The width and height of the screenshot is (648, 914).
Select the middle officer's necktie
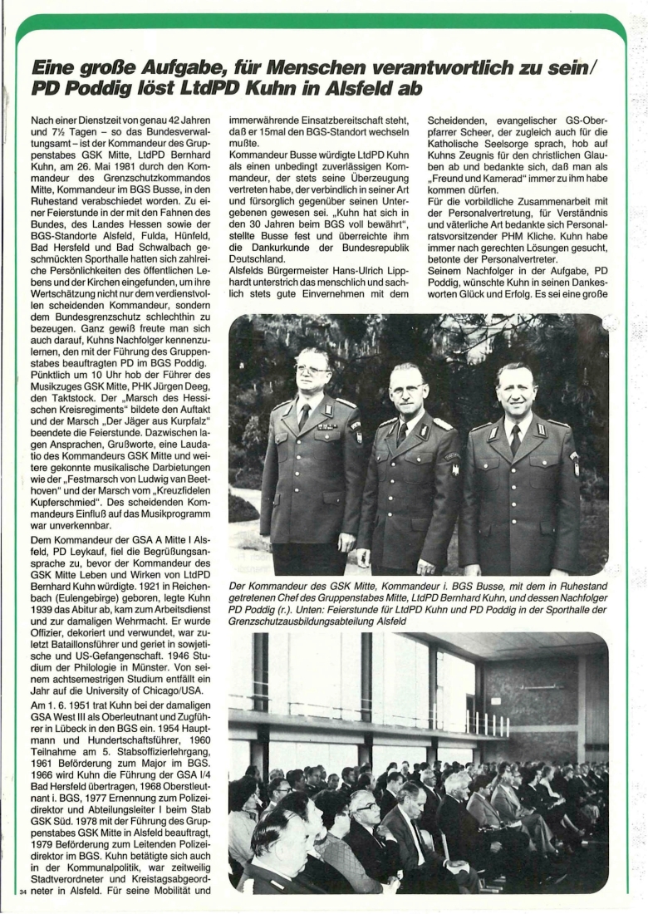point(402,433)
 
